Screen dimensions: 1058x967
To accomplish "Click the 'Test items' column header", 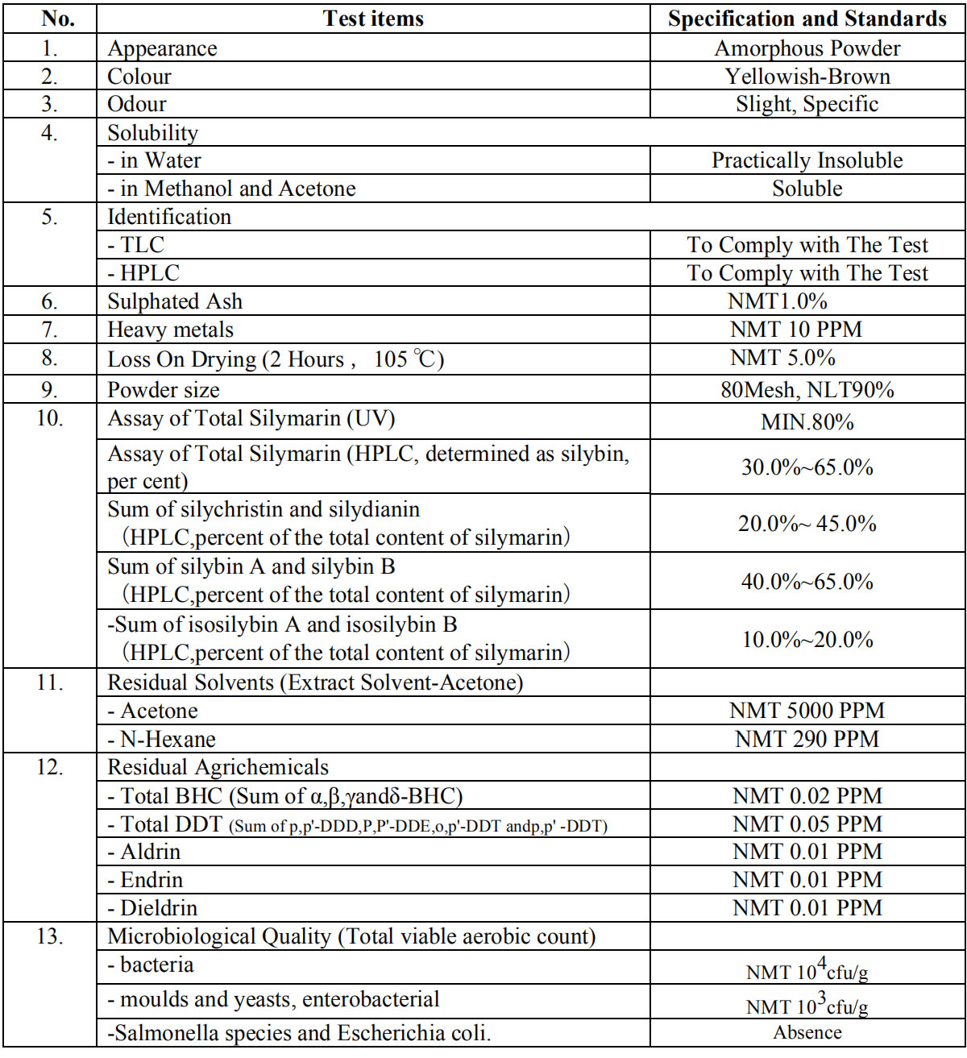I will pos(373,19).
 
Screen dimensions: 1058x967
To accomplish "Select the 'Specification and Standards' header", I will pos(807,19).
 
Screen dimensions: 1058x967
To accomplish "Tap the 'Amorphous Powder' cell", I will pos(807,48).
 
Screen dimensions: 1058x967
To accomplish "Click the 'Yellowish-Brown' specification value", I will pos(807,77).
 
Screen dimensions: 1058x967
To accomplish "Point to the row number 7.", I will pos(50,330).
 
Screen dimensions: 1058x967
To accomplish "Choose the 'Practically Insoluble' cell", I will pos(807,160).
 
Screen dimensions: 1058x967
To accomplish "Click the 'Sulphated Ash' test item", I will pos(175,301).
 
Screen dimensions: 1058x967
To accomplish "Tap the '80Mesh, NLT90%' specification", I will pos(807,390).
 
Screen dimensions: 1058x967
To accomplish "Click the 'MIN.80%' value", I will pos(807,422).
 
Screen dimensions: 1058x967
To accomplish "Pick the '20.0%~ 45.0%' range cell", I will pos(807,524).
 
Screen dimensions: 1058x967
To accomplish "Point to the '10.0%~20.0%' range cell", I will pos(807,640).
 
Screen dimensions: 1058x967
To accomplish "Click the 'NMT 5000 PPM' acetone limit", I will pos(807,711).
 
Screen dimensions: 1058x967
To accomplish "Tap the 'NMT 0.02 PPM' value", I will pos(807,796).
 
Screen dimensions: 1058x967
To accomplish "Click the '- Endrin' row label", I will pos(146,880).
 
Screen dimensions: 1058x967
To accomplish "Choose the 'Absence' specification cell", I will pos(807,1033).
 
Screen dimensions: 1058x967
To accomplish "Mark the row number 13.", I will pos(50,936).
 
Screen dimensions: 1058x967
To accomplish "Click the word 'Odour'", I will pos(137,104).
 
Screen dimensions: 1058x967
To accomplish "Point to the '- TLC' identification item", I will pos(136,245).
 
